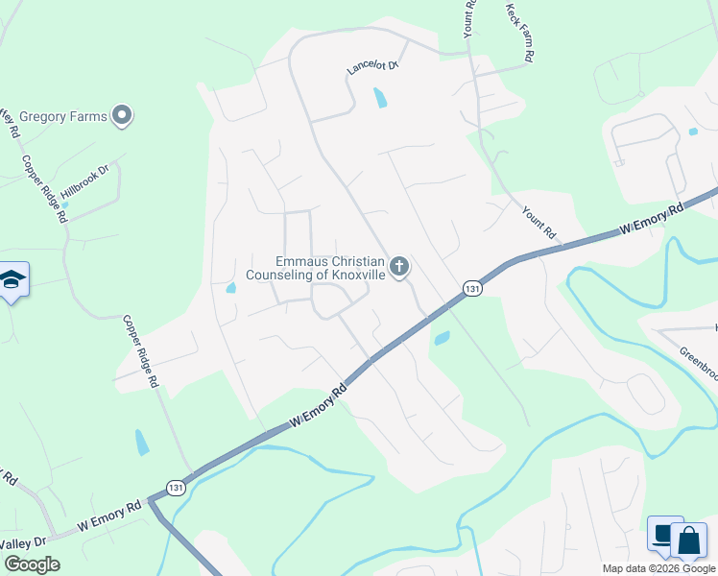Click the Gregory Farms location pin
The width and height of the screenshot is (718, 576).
coord(121,116)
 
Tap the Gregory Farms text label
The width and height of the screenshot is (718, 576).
coord(62,117)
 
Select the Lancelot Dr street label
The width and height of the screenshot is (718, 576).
coord(372,67)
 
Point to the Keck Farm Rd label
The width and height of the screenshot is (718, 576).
coord(518,32)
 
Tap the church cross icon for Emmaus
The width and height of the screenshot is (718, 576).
coord(399,265)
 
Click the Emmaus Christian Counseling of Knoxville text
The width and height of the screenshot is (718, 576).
coord(316,268)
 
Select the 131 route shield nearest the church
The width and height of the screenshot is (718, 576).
coord(471,288)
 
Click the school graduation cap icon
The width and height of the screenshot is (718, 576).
coord(12,279)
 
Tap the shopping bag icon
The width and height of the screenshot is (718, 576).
coord(688,541)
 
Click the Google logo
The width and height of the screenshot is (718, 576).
coord(32,564)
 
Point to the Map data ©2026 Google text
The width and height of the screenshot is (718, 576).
coord(658,568)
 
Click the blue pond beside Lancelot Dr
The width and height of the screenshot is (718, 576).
coord(381,97)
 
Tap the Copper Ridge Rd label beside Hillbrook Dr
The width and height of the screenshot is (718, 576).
coord(45,189)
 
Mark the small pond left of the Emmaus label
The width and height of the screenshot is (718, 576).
coord(231,287)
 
